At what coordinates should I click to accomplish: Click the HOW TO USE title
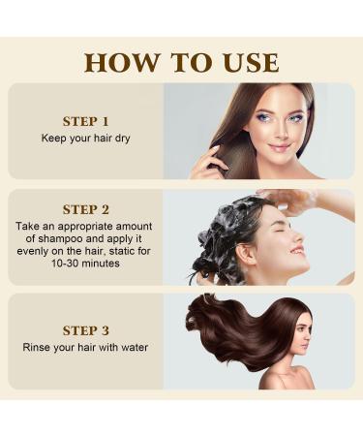click(181, 62)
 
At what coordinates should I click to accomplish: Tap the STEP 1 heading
click(85, 121)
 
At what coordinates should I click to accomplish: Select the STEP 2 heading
click(85, 208)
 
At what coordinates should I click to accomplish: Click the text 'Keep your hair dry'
click(85, 138)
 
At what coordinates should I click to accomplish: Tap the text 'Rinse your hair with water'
click(85, 346)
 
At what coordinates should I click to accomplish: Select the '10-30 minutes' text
click(85, 263)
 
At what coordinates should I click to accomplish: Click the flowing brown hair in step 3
click(232, 329)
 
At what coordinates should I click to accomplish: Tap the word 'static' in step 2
click(121, 250)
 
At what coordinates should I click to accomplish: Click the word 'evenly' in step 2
click(32, 250)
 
